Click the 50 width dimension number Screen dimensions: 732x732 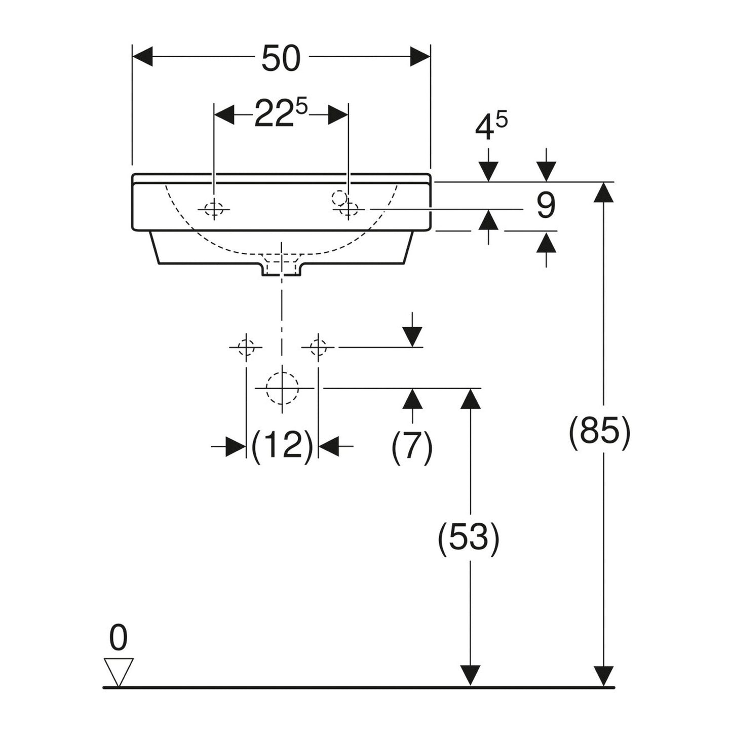tap(281, 58)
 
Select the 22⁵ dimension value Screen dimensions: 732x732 tap(280, 112)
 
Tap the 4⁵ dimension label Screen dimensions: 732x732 tap(491, 126)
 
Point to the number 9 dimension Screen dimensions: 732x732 tap(546, 205)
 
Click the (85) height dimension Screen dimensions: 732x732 tap(600, 433)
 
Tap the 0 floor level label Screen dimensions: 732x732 tap(118, 638)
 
